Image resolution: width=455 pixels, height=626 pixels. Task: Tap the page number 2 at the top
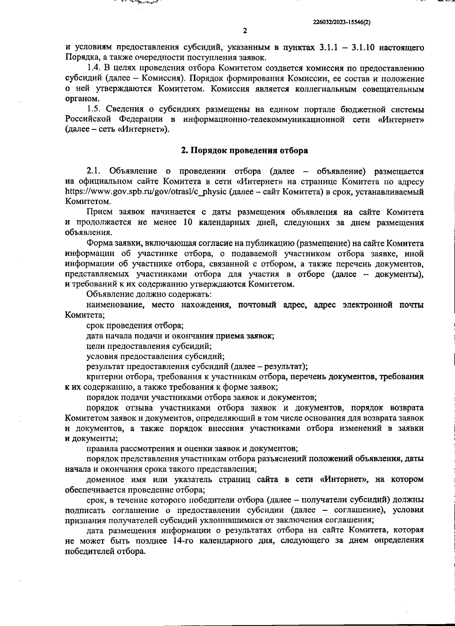pyautogui.click(x=245, y=31)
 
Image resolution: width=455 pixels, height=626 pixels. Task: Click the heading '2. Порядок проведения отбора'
pyautogui.click(x=244, y=151)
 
